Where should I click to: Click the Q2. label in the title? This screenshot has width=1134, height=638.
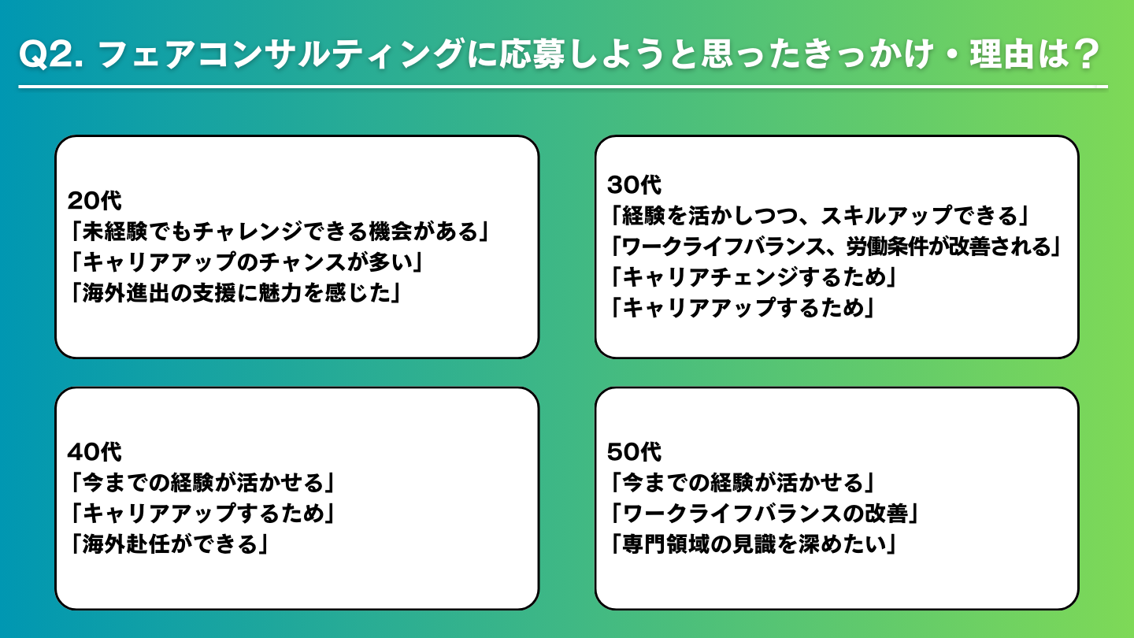pyautogui.click(x=51, y=54)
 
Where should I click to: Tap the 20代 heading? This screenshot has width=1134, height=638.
pyautogui.click(x=94, y=201)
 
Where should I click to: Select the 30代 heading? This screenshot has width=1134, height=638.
pyautogui.click(x=634, y=185)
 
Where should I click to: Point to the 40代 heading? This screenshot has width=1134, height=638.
pyautogui.click(x=94, y=451)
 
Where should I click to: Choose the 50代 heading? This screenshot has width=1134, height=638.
pyautogui.click(x=634, y=451)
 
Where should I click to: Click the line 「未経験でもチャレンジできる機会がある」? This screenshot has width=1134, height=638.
pyautogui.click(x=279, y=232)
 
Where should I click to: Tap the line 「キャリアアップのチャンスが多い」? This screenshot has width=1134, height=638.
pyautogui.click(x=246, y=262)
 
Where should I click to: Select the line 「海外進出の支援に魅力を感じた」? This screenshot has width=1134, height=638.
pyautogui.click(x=235, y=293)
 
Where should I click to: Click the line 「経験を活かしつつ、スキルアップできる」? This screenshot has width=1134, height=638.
pyautogui.click(x=819, y=216)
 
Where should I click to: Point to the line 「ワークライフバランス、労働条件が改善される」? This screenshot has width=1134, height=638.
pyautogui.click(x=835, y=247)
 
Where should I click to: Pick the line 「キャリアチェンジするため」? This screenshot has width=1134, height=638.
pyautogui.click(x=752, y=277)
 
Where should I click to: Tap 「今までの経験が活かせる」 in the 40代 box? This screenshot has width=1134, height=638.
pyautogui.click(x=202, y=483)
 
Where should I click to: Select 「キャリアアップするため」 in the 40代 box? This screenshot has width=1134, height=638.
pyautogui.click(x=202, y=514)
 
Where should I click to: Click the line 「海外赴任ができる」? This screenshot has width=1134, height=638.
pyautogui.click(x=169, y=544)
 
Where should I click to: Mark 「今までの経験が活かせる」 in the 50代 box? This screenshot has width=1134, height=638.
pyautogui.click(x=741, y=483)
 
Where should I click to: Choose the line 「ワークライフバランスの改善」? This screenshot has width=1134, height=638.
pyautogui.click(x=763, y=514)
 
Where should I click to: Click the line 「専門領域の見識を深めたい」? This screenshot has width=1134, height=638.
pyautogui.click(x=752, y=544)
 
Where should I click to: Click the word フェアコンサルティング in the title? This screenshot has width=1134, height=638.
pyautogui.click(x=280, y=54)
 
